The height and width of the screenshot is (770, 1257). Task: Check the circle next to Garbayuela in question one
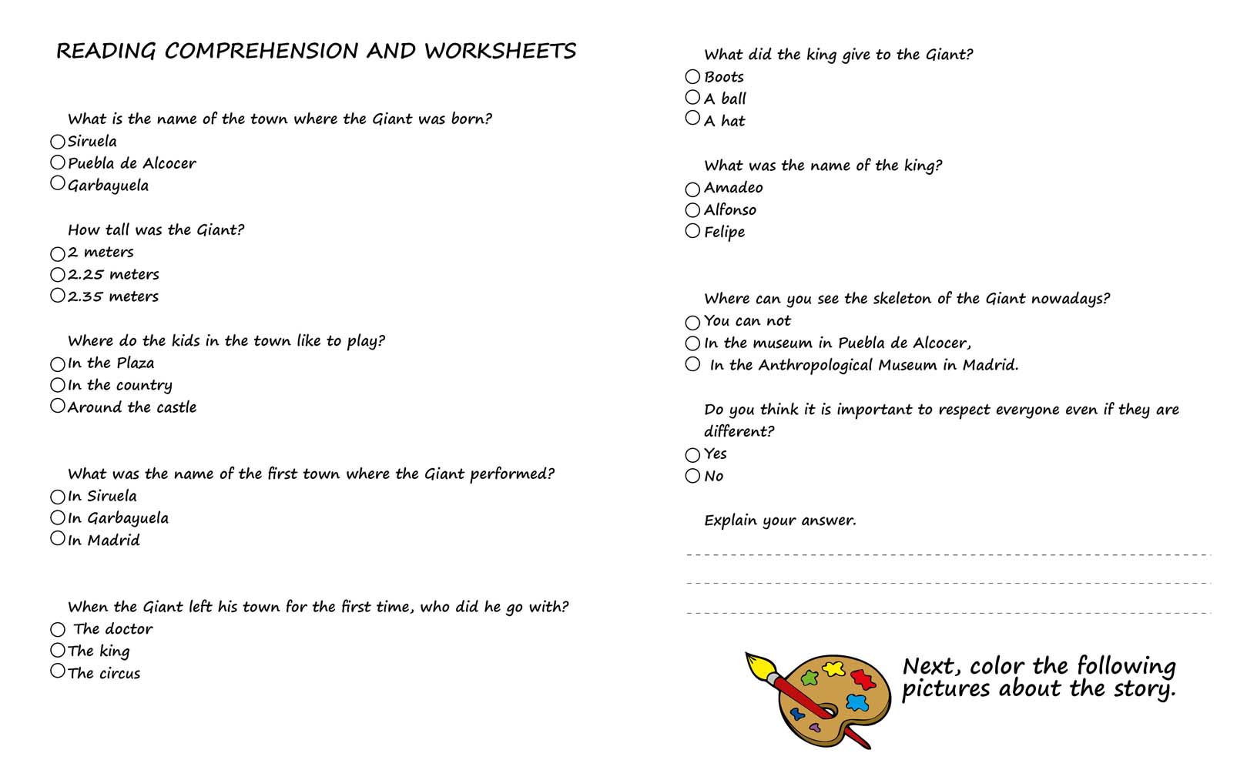click(x=58, y=183)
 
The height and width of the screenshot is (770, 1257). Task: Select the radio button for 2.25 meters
click(x=58, y=275)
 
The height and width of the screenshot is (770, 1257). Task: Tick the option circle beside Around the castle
click(x=58, y=406)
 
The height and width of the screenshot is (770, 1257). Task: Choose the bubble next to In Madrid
click(x=58, y=538)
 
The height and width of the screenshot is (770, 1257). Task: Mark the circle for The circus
click(x=58, y=671)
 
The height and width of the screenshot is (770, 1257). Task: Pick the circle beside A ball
click(x=692, y=98)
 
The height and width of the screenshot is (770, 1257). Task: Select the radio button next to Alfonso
click(x=692, y=210)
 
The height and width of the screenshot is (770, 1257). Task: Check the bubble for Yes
click(x=692, y=455)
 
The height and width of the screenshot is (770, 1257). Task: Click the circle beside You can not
click(x=692, y=322)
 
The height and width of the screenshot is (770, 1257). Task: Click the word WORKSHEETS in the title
click(x=500, y=52)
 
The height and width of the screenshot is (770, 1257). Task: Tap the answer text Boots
click(x=724, y=77)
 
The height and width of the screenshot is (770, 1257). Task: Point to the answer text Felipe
click(x=724, y=232)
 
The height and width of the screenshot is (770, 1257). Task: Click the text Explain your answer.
click(x=779, y=521)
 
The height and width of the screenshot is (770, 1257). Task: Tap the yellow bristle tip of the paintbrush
click(x=756, y=663)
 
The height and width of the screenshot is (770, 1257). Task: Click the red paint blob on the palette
click(x=863, y=679)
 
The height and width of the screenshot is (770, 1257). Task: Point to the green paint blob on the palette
click(x=809, y=678)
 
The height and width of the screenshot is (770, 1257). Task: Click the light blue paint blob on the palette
click(x=857, y=702)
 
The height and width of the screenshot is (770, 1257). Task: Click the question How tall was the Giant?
click(x=156, y=230)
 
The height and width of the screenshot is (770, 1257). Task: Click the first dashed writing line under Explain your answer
click(x=947, y=554)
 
